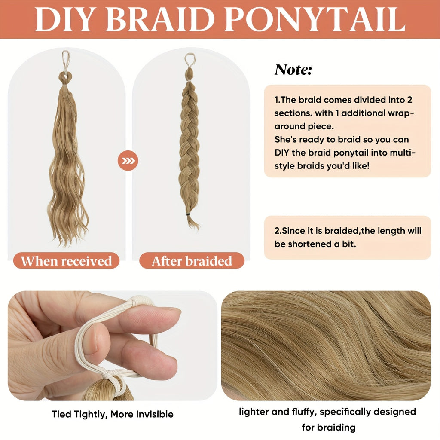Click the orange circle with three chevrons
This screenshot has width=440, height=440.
click(x=128, y=161)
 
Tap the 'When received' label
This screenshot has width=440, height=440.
click(x=66, y=261)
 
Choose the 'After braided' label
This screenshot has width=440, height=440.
click(x=192, y=261)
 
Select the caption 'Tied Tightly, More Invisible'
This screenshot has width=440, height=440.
click(x=113, y=414)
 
